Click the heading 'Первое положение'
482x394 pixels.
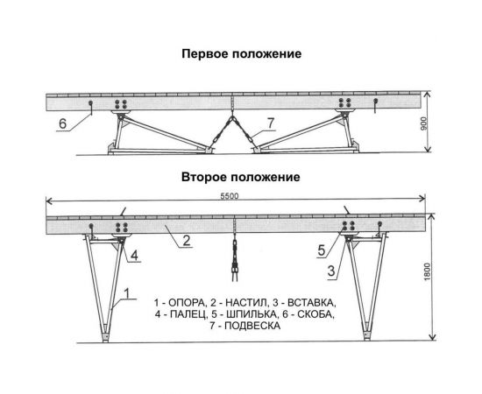click(x=241, y=53)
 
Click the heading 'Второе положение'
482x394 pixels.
click(x=241, y=176)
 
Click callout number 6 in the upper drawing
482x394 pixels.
click(x=63, y=123)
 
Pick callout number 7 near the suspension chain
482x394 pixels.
click(x=271, y=122)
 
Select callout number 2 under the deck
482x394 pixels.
click(x=187, y=239)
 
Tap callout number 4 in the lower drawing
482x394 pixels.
click(x=136, y=257)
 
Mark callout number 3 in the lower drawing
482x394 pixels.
click(x=331, y=271)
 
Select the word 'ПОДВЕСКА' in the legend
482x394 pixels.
click(x=251, y=326)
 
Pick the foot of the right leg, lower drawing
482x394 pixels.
click(x=365, y=334)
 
